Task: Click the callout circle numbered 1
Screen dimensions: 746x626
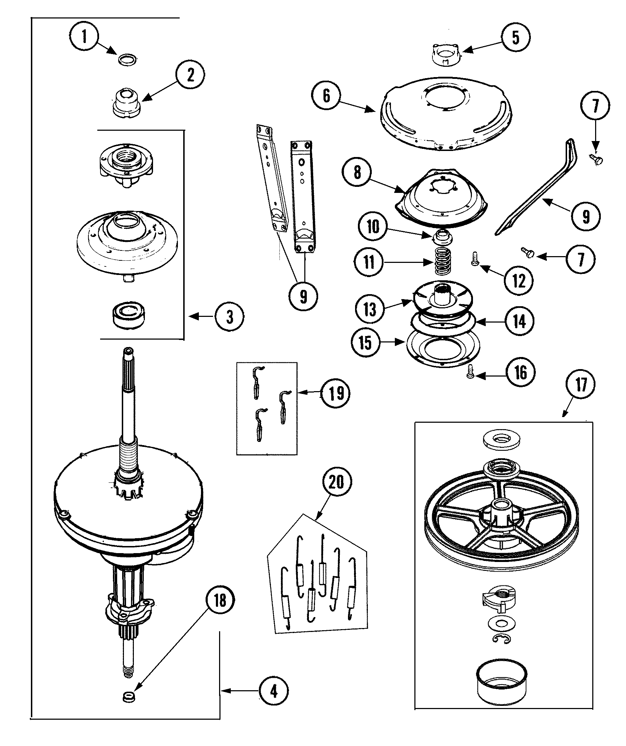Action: click(84, 37)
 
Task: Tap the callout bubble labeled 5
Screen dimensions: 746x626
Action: click(516, 37)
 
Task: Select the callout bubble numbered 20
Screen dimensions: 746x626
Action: click(337, 482)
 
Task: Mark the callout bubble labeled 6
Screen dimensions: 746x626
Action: click(326, 96)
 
